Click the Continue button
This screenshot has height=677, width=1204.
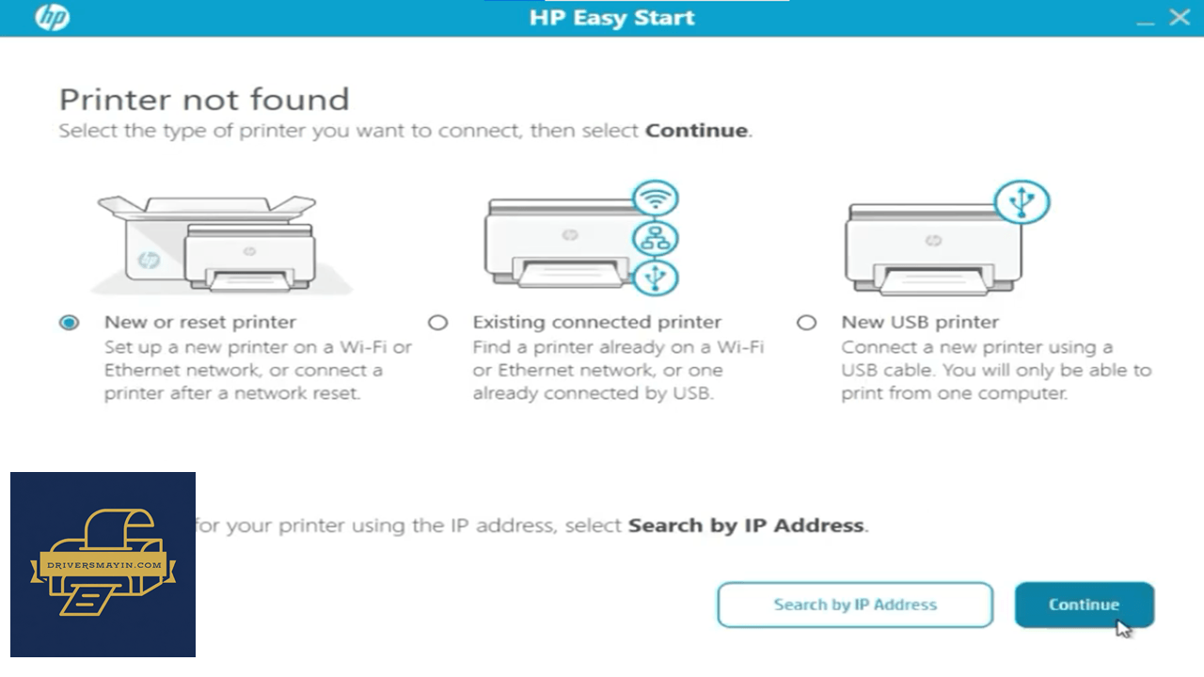click(1085, 605)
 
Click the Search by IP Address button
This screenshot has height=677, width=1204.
click(855, 605)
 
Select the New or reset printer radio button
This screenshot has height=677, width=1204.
click(70, 323)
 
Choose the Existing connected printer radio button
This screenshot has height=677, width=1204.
click(438, 323)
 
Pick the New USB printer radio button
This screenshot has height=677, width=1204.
click(806, 323)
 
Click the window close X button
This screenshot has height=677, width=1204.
click(1180, 17)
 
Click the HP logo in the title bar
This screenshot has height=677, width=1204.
click(52, 17)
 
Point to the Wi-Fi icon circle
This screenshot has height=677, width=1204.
click(656, 198)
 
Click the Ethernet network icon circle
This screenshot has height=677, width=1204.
click(656, 238)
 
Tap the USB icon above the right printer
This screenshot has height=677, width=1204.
click(1022, 201)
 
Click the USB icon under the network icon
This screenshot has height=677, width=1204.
click(656, 277)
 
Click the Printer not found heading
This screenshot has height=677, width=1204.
click(204, 100)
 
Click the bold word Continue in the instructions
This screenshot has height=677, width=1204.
click(697, 131)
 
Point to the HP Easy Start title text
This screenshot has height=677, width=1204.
click(612, 18)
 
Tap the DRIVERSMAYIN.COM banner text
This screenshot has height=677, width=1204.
click(104, 565)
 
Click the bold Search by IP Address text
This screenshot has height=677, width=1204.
click(746, 525)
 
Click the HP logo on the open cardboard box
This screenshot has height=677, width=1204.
click(149, 260)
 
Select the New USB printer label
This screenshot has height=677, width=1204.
click(920, 322)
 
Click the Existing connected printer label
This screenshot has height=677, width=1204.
click(597, 322)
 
